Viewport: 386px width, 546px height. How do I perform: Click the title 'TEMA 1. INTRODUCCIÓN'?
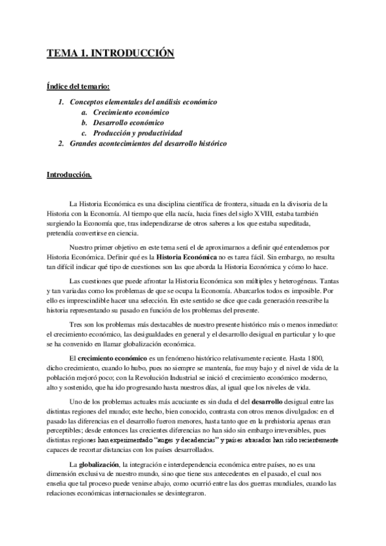coord(110,55)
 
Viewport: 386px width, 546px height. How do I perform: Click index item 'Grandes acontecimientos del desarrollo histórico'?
coord(148,143)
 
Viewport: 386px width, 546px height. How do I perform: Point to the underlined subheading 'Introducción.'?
coord(69,174)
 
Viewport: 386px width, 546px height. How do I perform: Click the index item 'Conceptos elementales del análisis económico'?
coord(143,102)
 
